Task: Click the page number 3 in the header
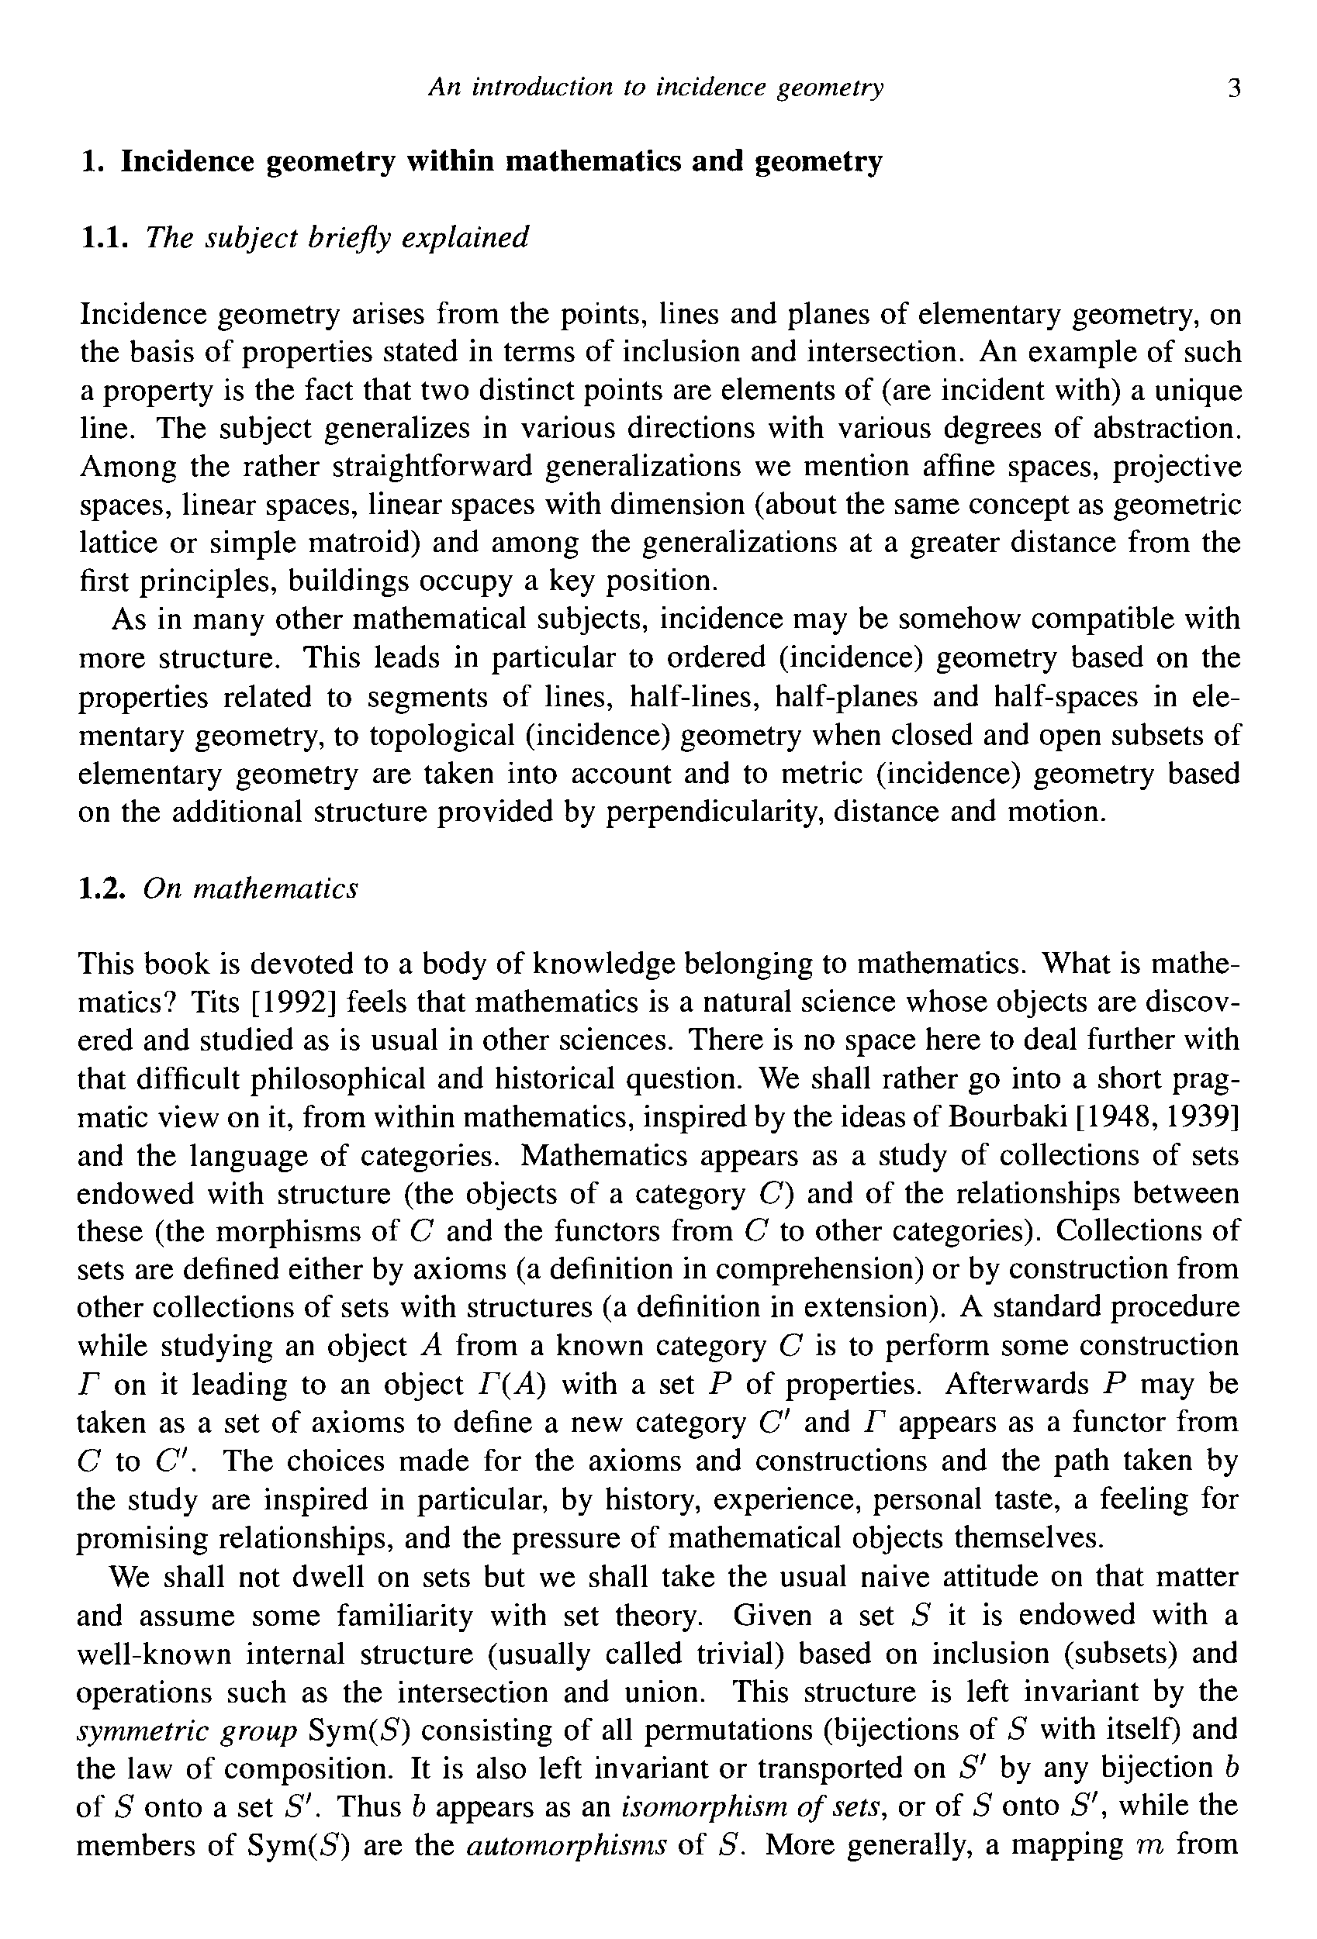point(1234,88)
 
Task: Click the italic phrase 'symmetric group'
point(187,1730)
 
